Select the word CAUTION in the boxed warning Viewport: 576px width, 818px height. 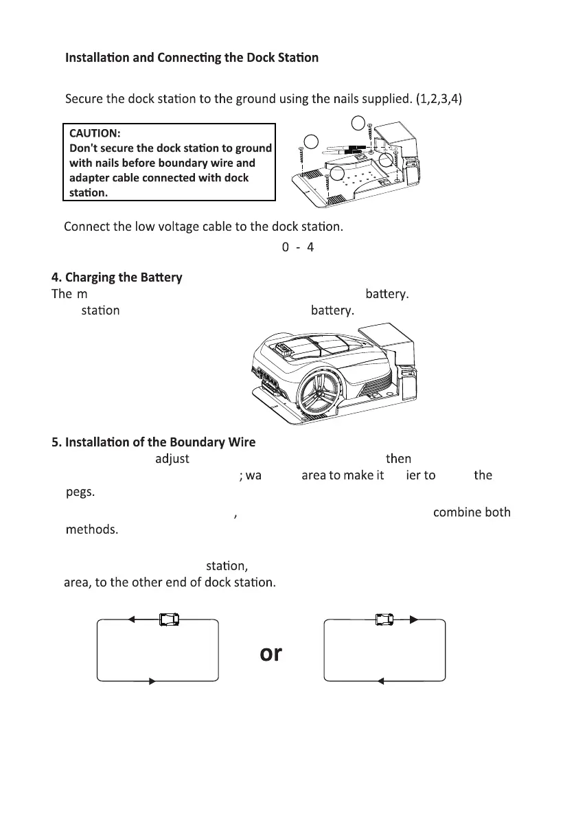click(x=95, y=133)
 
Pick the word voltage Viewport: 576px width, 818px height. click(x=165, y=227)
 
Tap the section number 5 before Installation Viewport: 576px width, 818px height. click(x=55, y=441)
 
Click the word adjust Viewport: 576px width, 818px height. click(x=172, y=458)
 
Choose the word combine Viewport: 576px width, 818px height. click(x=457, y=513)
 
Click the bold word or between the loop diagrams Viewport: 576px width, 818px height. click(x=270, y=653)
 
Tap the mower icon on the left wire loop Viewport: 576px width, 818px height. click(x=169, y=620)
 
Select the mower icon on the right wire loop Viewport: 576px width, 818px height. click(x=385, y=620)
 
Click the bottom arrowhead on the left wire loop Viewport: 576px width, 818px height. click(x=153, y=681)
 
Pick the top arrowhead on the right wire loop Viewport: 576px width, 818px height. click(x=413, y=620)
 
